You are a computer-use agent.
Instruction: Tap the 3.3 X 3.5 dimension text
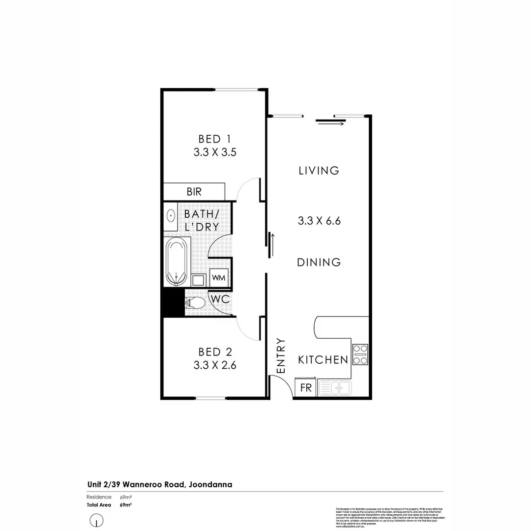pyautogui.click(x=215, y=152)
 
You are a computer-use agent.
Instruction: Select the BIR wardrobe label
pyautogui.click(x=194, y=192)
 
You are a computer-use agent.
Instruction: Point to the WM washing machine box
pyautogui.click(x=218, y=278)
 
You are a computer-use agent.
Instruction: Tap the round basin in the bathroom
pyautogui.click(x=172, y=215)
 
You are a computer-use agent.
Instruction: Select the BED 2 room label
pyautogui.click(x=215, y=352)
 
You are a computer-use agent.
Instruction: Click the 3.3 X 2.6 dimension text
pyautogui.click(x=215, y=365)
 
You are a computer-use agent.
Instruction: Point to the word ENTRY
pyautogui.click(x=281, y=355)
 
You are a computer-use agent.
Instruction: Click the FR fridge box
pyautogui.click(x=305, y=387)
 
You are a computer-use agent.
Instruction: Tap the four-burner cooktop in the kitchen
pyautogui.click(x=360, y=354)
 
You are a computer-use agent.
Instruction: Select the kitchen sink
pyautogui.click(x=335, y=388)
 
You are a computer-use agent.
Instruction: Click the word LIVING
pyautogui.click(x=319, y=171)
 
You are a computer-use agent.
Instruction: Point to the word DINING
pyautogui.click(x=319, y=263)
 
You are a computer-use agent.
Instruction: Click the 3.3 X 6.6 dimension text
pyautogui.click(x=319, y=221)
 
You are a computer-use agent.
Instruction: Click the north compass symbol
pyautogui.click(x=97, y=520)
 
